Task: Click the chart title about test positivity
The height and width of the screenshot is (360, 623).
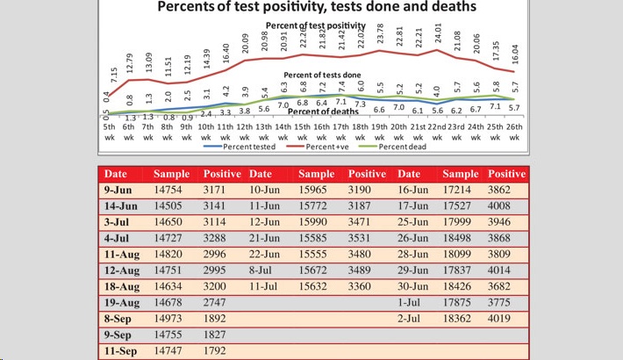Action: pos(317,7)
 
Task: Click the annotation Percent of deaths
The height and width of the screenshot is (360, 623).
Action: pos(323,112)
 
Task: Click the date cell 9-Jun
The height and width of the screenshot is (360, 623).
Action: pos(118,189)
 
